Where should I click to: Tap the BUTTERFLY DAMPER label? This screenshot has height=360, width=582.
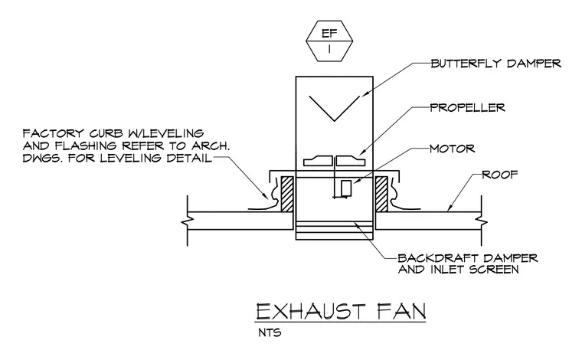point(496,64)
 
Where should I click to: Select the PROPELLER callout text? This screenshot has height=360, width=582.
point(468,108)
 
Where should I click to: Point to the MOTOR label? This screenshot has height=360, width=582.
point(452,149)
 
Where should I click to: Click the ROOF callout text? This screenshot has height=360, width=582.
point(499,175)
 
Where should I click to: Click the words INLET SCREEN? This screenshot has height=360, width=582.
point(475,270)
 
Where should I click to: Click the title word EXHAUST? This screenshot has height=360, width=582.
point(311,312)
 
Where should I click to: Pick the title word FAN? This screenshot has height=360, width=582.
point(401,312)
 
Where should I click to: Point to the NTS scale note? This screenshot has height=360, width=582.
point(270,332)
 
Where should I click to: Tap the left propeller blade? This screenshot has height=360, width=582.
point(318,161)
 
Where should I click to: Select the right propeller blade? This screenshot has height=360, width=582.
point(351,161)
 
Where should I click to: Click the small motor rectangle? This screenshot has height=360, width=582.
point(346,188)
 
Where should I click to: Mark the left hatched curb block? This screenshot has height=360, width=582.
point(287,194)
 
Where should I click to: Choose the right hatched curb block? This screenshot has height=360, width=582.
point(381,194)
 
